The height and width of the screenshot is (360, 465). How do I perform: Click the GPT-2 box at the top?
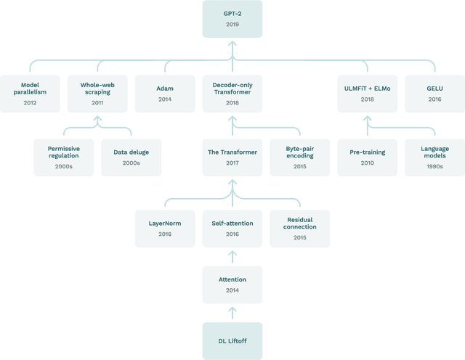click(232, 19)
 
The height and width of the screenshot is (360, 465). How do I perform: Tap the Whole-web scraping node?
click(97, 93)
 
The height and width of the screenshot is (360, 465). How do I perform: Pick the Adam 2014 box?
click(165, 93)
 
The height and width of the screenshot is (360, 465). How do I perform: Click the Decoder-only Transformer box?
click(232, 93)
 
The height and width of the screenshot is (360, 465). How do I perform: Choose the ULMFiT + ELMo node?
click(367, 93)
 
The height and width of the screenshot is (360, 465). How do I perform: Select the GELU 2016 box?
click(434, 93)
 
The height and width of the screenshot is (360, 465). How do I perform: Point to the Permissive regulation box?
click(64, 157)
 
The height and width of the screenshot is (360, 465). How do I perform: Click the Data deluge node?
click(131, 157)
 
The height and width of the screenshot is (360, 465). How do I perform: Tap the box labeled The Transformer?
click(232, 157)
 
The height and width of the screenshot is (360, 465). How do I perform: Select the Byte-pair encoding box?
click(299, 157)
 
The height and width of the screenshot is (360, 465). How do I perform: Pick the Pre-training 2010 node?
click(367, 157)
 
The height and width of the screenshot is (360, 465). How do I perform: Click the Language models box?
click(434, 157)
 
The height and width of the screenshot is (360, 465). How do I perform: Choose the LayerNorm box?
click(165, 228)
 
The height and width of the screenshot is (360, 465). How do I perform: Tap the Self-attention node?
click(232, 228)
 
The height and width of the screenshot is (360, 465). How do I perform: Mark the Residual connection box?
click(299, 228)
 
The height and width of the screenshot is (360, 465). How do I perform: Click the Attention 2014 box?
click(232, 284)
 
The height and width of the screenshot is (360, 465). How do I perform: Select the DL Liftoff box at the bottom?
click(232, 340)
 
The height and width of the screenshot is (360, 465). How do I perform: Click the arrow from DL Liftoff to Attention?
click(232, 313)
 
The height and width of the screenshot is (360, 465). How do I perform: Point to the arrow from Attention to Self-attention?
click(232, 256)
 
